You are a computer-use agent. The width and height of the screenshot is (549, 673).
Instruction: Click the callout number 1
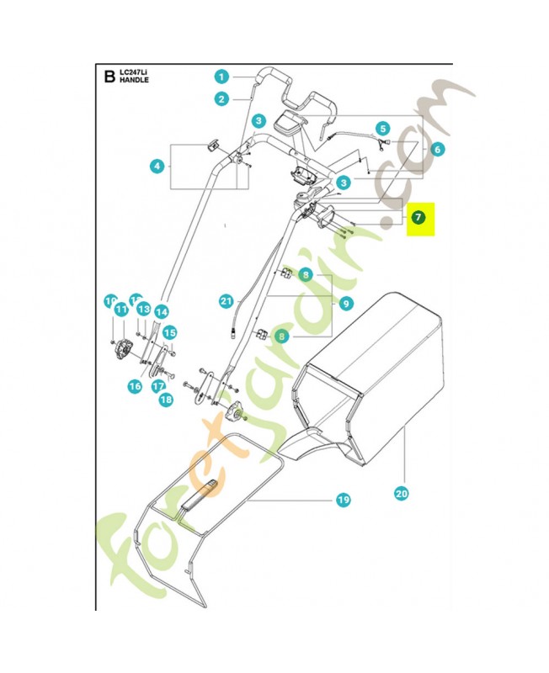[x=221, y=77]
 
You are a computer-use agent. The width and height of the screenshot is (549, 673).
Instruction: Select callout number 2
[x=221, y=99]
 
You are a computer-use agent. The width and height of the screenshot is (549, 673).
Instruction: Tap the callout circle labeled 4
[x=157, y=167]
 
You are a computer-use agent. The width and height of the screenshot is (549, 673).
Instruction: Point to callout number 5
[x=383, y=129]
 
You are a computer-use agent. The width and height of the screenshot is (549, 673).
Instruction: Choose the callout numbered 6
[x=436, y=149]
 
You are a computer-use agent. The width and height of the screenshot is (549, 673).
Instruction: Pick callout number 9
[x=346, y=303]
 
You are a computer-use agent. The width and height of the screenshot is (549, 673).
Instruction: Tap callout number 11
[x=120, y=310]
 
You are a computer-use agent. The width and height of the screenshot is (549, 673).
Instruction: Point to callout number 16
[x=135, y=386]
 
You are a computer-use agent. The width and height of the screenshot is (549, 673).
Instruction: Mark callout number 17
[x=157, y=386]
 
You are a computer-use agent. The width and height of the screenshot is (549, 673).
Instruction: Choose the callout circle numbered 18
[x=165, y=400]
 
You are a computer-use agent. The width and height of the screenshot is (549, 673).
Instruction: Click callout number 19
[x=343, y=501]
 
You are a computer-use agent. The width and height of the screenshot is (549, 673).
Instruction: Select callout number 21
[x=225, y=300]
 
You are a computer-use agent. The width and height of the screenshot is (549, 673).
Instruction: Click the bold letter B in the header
[x=108, y=78]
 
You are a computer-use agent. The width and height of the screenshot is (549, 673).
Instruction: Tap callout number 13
[x=142, y=310]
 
